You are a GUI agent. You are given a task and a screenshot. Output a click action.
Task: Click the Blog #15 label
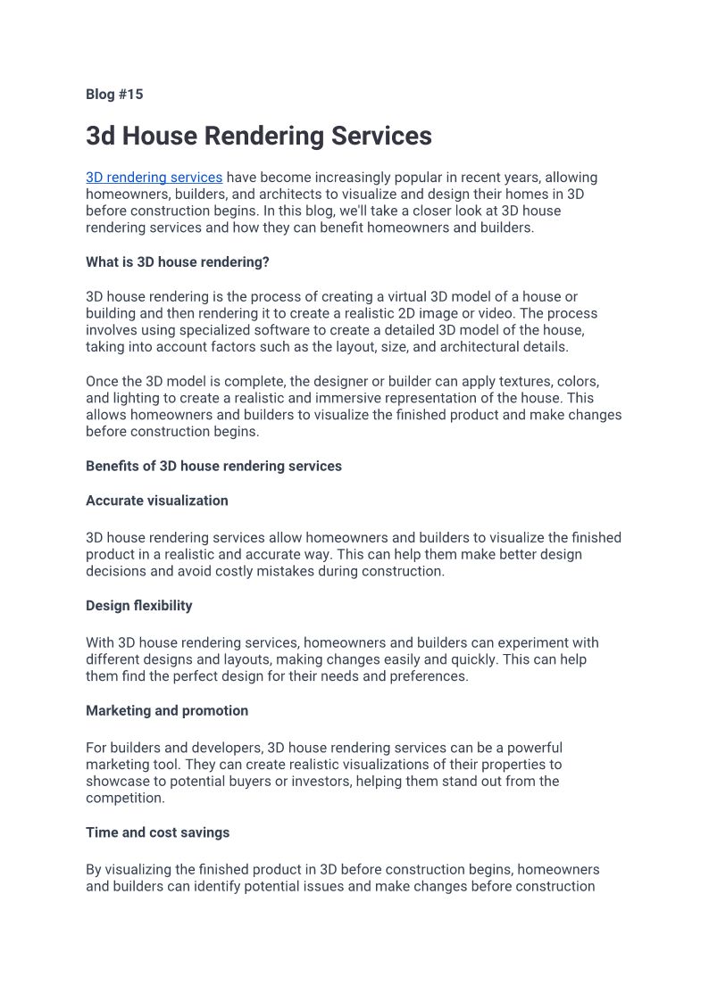(x=114, y=95)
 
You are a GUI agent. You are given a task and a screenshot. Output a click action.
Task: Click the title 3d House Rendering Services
(x=259, y=136)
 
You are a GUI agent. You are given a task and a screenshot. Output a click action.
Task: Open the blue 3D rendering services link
(x=154, y=178)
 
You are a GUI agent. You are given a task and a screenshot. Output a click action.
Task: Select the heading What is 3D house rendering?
(x=178, y=262)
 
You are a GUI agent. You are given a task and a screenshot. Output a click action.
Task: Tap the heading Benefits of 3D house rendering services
(x=213, y=466)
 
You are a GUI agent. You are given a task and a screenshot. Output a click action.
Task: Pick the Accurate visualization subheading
(x=157, y=501)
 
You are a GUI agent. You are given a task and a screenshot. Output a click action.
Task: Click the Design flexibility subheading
(x=139, y=606)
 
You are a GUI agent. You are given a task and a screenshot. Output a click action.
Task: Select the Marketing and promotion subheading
(x=167, y=711)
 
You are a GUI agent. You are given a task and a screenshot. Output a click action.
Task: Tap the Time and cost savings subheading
(x=158, y=832)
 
